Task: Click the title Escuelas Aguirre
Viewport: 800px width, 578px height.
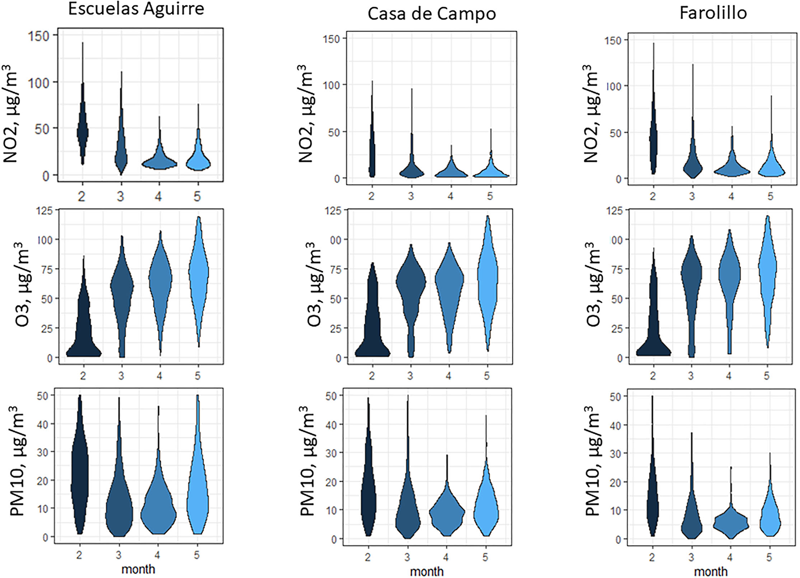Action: coord(136,9)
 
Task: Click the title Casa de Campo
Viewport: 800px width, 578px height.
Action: coord(431,14)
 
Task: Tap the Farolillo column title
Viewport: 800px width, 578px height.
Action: coord(713,13)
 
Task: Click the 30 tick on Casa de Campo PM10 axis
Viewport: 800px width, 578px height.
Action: coord(331,453)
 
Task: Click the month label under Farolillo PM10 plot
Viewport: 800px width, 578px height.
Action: coord(711,572)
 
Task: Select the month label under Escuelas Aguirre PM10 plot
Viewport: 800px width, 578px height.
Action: coord(138,569)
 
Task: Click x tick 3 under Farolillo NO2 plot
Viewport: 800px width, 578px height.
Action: coord(692,196)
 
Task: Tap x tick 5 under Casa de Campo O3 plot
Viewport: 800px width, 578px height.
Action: coord(487,376)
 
